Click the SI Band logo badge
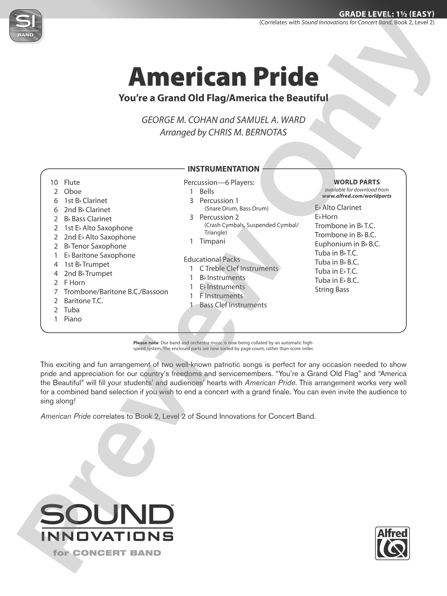pyautogui.click(x=26, y=26)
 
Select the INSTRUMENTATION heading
pyautogui.click(x=223, y=169)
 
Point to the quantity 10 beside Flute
pyautogui.click(x=54, y=182)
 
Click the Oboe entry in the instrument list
pyautogui.click(x=73, y=192)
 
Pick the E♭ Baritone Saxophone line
pyautogui.click(x=100, y=256)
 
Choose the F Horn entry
pyautogui.click(x=74, y=283)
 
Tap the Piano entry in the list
pyautogui.click(x=73, y=319)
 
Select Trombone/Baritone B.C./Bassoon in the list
pyautogui.click(x=116, y=292)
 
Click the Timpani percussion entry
pyautogui.click(x=212, y=241)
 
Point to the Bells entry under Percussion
pyautogui.click(x=207, y=192)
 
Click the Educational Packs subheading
pyautogui.click(x=212, y=260)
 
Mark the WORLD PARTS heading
pyautogui.click(x=357, y=182)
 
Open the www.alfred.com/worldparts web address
pyautogui.click(x=357, y=196)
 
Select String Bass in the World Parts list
pyautogui.click(x=332, y=290)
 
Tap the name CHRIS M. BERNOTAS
pyautogui.click(x=247, y=132)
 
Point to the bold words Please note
pyautogui.click(x=146, y=343)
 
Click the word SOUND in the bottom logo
pyautogui.click(x=107, y=515)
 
